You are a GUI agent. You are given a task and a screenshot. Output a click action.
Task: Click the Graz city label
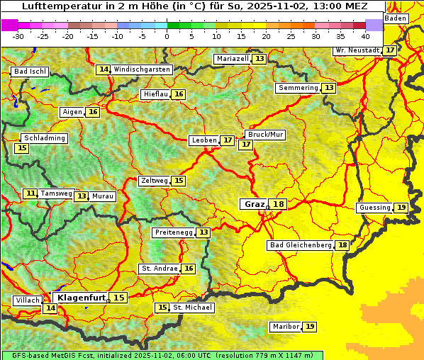[254, 204]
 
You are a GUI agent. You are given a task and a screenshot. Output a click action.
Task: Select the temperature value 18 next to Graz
[278, 204]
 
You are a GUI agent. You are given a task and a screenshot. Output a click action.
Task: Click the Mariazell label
[233, 59]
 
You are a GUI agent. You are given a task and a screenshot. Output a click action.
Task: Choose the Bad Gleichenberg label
[301, 245]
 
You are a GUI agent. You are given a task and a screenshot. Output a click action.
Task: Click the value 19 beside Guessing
[401, 208]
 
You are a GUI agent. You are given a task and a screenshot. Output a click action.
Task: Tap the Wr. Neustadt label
[357, 50]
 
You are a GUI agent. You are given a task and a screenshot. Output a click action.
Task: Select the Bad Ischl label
[30, 72]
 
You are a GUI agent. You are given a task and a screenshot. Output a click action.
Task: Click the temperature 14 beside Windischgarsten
[104, 69]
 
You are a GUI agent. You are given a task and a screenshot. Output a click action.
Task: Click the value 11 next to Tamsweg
[30, 193]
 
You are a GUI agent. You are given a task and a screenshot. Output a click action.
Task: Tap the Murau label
[103, 196]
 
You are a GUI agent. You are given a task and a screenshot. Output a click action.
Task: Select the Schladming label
[44, 138]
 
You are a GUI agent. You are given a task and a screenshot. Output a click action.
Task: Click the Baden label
[396, 18]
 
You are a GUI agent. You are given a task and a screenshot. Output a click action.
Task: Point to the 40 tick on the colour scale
[365, 36]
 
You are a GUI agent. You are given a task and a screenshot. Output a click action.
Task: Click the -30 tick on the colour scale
[18, 36]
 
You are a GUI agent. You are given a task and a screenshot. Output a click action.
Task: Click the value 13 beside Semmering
[328, 88]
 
